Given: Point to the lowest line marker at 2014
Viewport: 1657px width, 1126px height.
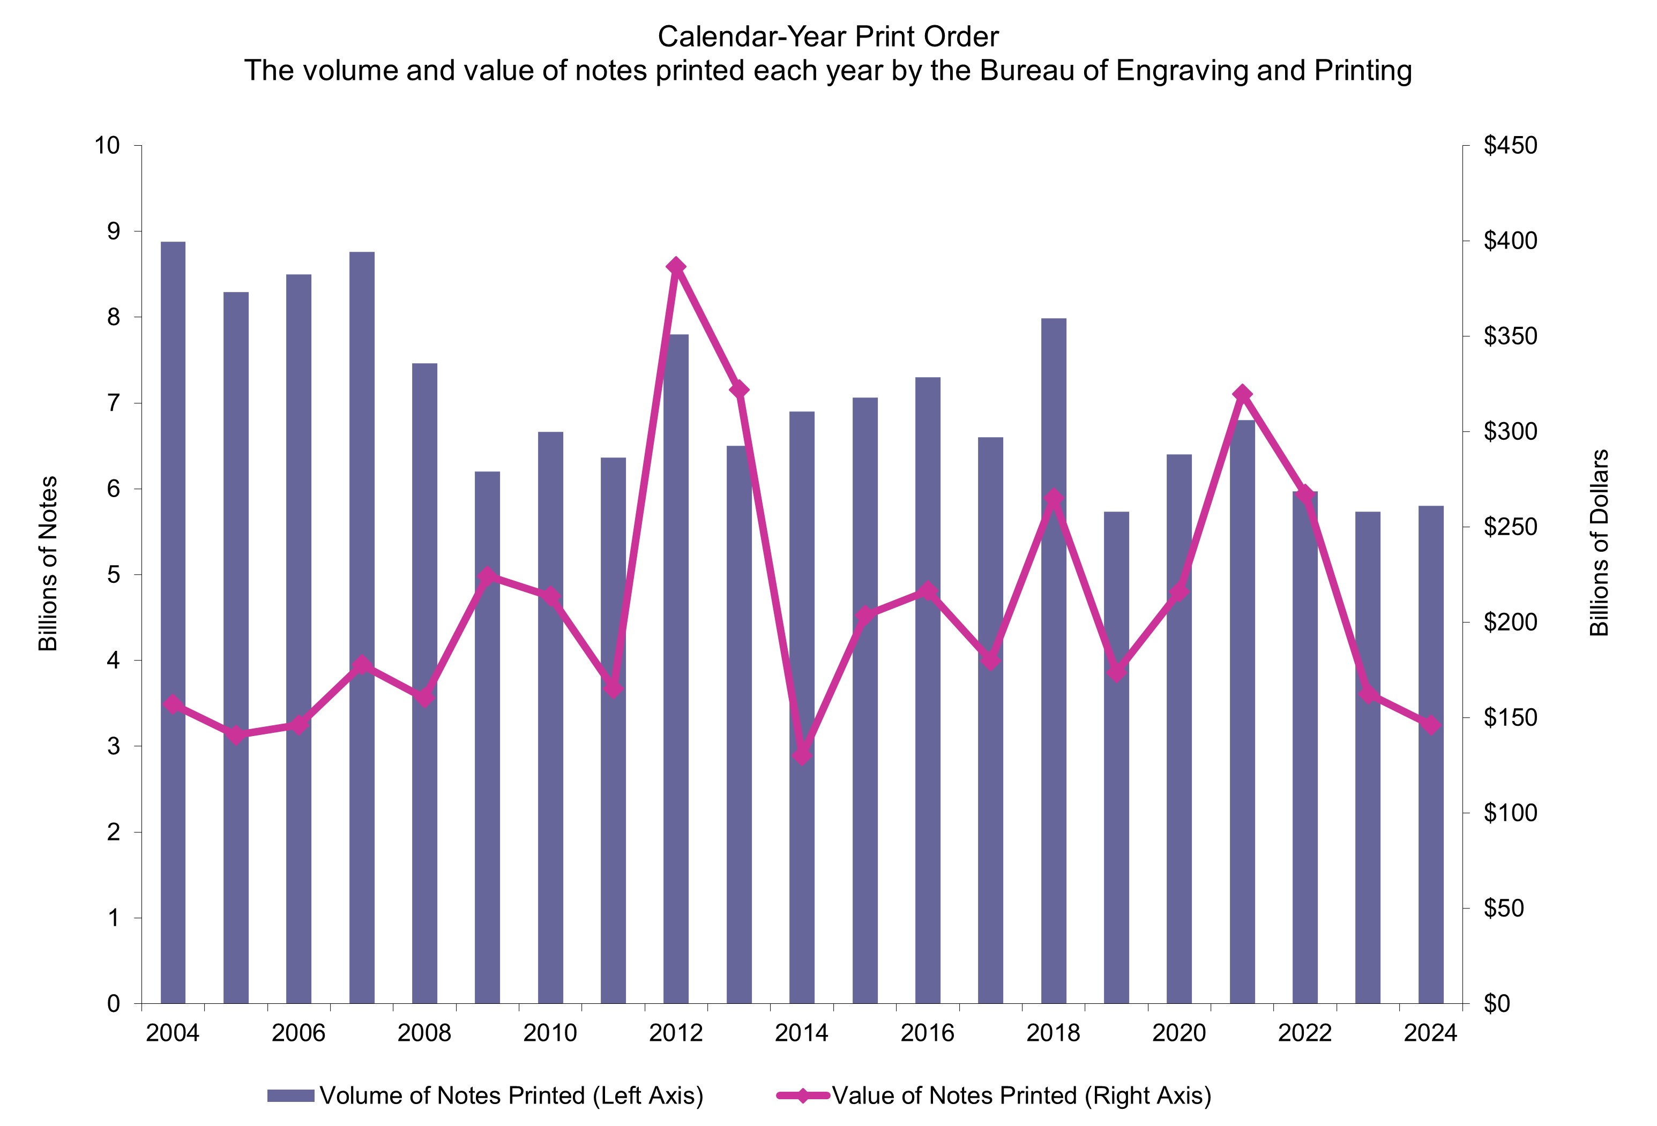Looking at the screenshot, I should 802,754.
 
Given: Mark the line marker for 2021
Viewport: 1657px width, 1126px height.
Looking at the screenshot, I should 1242,394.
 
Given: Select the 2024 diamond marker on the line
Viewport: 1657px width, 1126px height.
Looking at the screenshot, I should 1430,725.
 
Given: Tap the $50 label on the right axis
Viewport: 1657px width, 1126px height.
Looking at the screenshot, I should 1504,908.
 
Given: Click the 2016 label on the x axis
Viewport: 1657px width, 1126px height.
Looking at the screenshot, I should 927,1033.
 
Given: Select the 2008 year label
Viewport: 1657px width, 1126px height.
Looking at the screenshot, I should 424,1033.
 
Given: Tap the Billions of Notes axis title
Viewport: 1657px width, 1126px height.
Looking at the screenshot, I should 48,563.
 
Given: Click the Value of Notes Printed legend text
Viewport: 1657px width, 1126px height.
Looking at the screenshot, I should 1021,1095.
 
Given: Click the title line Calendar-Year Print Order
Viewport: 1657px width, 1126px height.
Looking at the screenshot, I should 828,37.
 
